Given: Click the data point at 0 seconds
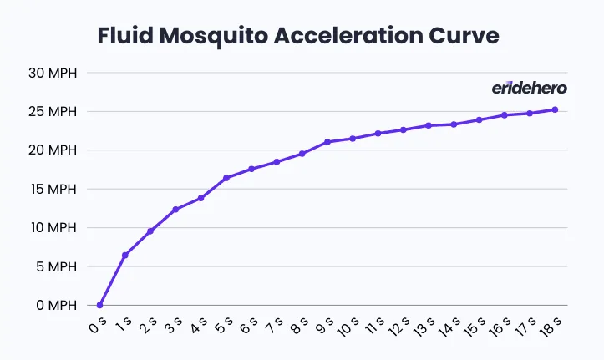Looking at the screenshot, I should [100, 306].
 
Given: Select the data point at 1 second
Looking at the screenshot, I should [125, 256].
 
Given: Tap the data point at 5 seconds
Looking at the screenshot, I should [226, 178].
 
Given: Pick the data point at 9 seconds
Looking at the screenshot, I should [327, 142].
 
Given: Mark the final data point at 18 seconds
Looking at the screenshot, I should [555, 109].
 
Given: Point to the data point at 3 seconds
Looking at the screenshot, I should [175, 210].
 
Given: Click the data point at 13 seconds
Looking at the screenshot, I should [429, 126].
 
